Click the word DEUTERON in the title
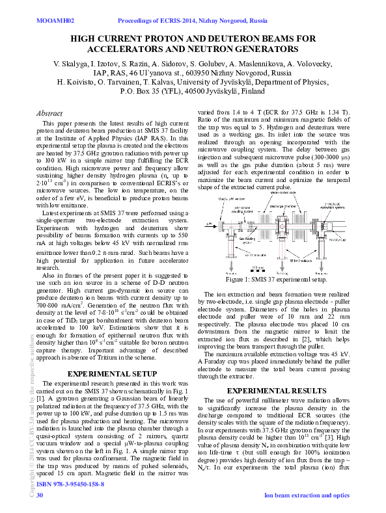(x=239, y=39)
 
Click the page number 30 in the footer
(x=40, y=495)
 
